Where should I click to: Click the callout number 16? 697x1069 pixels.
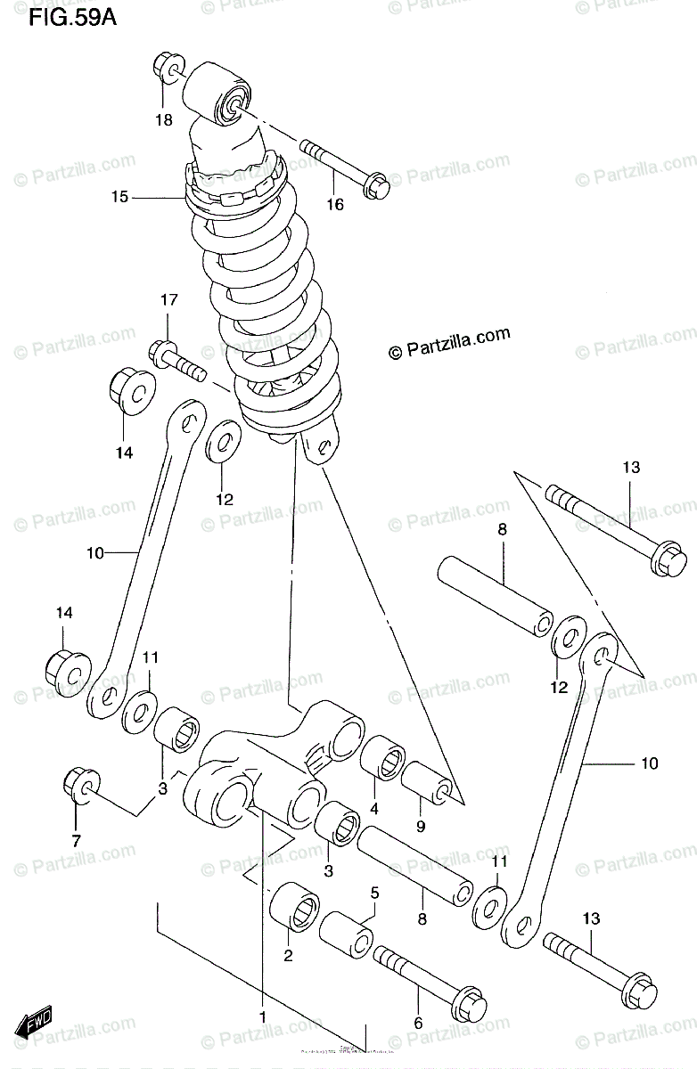coord(334,205)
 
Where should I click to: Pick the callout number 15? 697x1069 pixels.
coord(120,197)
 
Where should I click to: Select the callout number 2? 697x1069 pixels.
coord(289,956)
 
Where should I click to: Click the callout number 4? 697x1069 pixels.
coord(374,809)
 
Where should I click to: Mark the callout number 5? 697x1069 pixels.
coord(375,893)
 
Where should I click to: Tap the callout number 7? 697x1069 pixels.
coord(76,839)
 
